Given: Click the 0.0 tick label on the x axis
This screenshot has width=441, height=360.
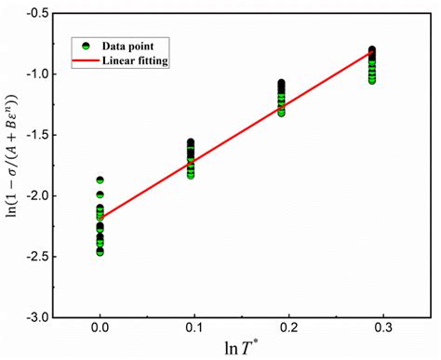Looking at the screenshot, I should click(100, 328).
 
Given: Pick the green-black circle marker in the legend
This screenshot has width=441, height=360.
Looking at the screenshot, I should click(86, 46).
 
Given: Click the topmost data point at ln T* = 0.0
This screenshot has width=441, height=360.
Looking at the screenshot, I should click(100, 180).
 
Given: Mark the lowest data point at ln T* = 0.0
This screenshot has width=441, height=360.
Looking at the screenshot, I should click(100, 251).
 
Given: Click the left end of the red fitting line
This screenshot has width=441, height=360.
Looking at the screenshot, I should click(100, 219).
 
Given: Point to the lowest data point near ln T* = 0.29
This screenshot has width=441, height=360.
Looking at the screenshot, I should click(372, 81).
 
